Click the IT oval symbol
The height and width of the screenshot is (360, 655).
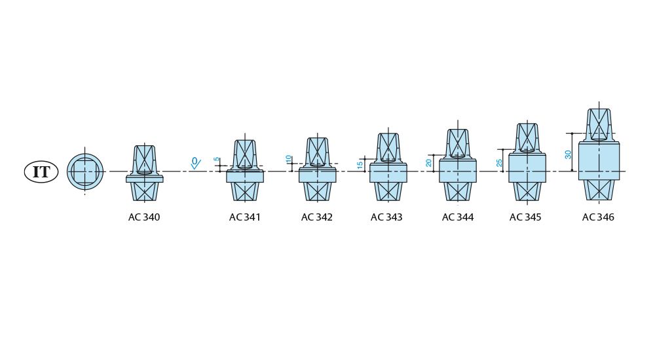[41, 172]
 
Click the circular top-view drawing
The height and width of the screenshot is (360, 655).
[85, 172]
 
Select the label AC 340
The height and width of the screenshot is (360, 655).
[144, 217]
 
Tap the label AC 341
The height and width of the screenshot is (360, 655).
[245, 217]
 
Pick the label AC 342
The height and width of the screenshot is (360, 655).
[317, 217]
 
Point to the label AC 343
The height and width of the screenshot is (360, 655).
[386, 217]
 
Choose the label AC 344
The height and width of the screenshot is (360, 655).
[458, 217]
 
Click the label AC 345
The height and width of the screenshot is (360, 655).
[525, 217]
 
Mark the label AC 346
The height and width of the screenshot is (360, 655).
[598, 217]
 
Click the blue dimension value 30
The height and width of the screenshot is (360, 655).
[569, 154]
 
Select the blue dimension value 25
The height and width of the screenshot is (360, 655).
[500, 162]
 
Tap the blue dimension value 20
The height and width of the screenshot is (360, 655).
[429, 162]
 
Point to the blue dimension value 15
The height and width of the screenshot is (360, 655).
[360, 165]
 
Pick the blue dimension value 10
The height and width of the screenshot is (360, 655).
[289, 159]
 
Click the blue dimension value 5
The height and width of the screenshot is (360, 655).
[217, 159]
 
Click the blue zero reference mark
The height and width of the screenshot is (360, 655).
[195, 162]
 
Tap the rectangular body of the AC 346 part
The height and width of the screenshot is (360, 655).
[599, 161]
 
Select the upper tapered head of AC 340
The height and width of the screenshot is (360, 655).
[144, 160]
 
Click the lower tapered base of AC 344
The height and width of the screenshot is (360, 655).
[458, 191]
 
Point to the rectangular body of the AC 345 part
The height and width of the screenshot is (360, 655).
[527, 168]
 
